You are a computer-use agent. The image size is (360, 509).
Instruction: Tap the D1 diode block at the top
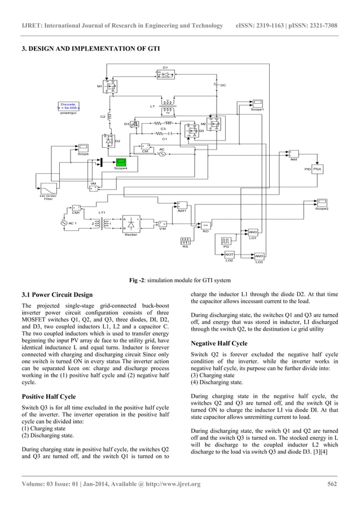click(x=165, y=74)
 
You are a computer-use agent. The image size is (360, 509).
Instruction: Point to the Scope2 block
click(x=322, y=203)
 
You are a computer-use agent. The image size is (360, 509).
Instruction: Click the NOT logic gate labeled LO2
click(x=229, y=254)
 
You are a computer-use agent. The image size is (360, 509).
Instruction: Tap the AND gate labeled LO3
click(x=259, y=256)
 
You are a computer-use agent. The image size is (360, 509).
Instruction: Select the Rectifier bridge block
click(x=131, y=224)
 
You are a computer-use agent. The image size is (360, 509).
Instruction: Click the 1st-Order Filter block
click(x=49, y=188)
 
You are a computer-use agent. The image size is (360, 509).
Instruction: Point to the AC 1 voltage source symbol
click(x=63, y=223)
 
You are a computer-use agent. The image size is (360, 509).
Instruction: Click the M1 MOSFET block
click(x=110, y=86)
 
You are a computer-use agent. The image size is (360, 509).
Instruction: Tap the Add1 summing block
click(x=182, y=205)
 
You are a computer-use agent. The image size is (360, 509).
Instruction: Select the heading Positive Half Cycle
click(x=50, y=396)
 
